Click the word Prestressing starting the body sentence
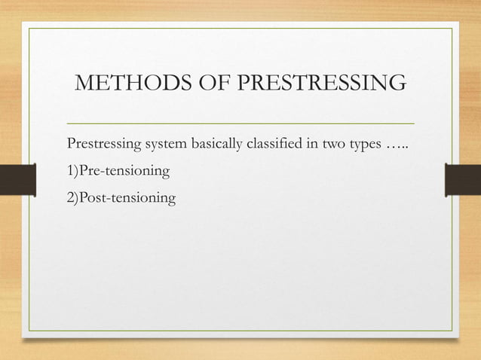click(101, 144)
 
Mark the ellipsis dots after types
click(400, 145)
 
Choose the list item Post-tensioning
click(127, 198)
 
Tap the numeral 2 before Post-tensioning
click(71, 198)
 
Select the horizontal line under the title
click(240, 122)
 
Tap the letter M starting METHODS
click(85, 83)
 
